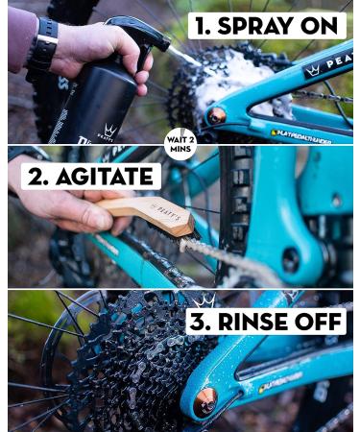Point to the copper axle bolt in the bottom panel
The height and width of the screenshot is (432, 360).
point(205,403)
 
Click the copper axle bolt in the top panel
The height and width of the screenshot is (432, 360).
point(218,115)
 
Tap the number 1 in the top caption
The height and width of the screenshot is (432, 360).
point(206,25)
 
